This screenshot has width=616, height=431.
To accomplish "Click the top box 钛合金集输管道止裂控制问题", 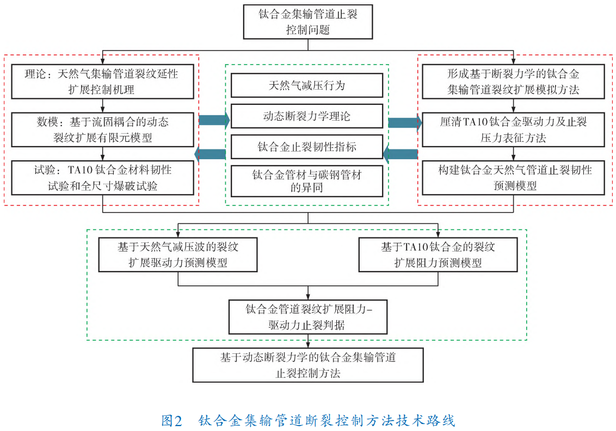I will click(308, 22).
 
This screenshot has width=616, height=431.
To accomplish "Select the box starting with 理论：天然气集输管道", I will click(102, 82).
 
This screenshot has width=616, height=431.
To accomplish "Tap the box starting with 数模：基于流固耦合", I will click(102, 129).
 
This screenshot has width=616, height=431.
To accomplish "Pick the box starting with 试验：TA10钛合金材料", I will click(102, 178).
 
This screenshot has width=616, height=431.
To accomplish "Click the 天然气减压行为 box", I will click(307, 86).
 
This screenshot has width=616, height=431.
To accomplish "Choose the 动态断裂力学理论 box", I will click(307, 116).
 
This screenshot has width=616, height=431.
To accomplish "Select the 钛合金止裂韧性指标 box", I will click(307, 147).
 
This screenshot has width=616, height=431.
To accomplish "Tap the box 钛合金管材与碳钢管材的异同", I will click(307, 182).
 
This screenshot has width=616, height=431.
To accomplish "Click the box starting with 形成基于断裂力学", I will click(513, 82).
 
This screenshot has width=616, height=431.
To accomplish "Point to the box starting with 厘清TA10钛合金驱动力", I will click(513, 129).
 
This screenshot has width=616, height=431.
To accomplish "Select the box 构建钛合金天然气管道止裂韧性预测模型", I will click(513, 178).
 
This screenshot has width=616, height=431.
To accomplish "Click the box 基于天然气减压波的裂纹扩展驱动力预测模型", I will click(178, 255).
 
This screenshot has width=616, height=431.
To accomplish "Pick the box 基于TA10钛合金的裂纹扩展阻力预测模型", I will click(438, 255).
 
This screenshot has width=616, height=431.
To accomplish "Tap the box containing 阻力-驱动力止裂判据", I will click(308, 317).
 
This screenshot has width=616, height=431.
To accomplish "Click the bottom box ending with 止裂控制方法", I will click(308, 365).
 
